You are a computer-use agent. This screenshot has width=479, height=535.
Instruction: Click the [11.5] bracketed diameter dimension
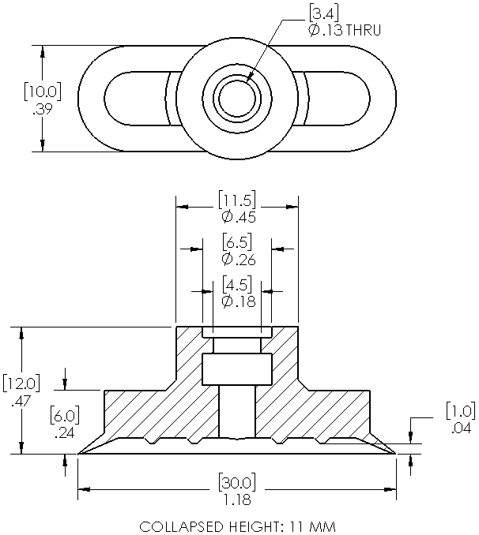coord(237,200)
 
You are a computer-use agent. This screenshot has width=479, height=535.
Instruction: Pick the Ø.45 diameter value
coord(238,218)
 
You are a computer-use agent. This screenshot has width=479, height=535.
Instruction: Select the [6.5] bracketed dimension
coord(237,241)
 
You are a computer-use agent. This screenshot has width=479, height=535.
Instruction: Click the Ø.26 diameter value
coord(238,259)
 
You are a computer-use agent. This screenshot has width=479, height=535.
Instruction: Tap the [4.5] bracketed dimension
coord(237,283)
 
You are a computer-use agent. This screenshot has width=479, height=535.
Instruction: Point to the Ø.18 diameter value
coord(238,301)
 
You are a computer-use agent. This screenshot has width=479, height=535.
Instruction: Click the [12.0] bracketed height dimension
coord(20,384)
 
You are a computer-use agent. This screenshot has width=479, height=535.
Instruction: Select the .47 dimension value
coord(20,402)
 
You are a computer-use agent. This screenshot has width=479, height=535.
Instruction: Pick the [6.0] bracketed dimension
coord(64,415)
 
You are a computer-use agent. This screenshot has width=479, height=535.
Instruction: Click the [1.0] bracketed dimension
coord(459,411)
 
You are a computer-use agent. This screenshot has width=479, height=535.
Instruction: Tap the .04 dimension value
coord(459,428)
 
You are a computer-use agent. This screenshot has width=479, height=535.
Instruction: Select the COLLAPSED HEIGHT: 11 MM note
coord(237,526)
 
